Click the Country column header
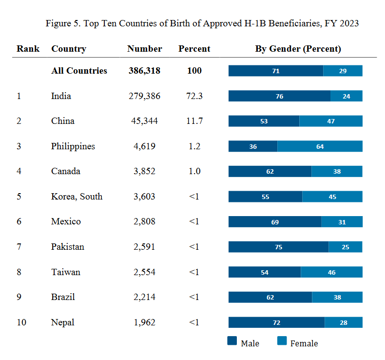pos(69,49)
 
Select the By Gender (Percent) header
pos(298,49)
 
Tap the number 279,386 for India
pos(144,96)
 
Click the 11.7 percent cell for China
pos(194,121)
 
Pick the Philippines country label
pos(73,146)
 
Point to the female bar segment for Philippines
pos(320,146)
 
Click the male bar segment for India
pos(279,96)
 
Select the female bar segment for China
pos(331,121)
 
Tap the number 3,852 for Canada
pos(144,171)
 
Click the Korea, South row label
pos(77,197)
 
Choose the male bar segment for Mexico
pos(275,222)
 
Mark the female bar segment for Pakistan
pos(346,247)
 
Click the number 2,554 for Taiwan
pos(144,272)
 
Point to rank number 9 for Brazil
pos(19,297)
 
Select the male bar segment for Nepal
pos(276,322)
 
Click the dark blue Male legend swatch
pos(232,341)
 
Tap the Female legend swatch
pos(282,341)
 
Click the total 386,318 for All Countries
pos(144,71)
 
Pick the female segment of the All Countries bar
pos(343,71)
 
